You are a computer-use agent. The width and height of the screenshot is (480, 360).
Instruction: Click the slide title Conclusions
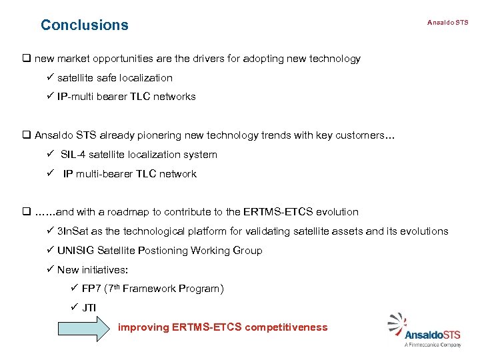point(84,25)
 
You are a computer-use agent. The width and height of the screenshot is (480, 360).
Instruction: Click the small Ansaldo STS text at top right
point(447,23)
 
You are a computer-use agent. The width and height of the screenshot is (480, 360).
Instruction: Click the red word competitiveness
point(286,327)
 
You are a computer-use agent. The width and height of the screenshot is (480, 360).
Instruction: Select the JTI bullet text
point(88,308)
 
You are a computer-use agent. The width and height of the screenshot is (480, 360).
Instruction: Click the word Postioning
point(163,251)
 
